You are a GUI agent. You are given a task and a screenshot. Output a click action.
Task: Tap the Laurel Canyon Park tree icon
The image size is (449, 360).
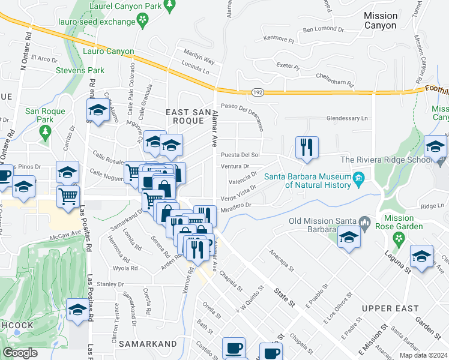[x=169, y=6]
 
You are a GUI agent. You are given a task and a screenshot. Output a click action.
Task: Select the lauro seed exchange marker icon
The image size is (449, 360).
[x=143, y=22]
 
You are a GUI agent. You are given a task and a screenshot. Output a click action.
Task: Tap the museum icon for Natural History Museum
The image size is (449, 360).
[x=358, y=178]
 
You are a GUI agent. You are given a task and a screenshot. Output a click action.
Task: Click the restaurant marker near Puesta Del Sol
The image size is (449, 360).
[x=307, y=147]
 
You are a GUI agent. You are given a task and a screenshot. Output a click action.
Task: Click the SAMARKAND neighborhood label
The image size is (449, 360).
[x=148, y=344]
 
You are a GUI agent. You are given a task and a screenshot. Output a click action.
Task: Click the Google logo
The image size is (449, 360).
[x=20, y=353]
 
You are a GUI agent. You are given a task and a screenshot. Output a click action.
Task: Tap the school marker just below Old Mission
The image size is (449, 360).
[x=348, y=238]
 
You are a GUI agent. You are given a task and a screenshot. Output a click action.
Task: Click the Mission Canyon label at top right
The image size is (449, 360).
[x=381, y=20]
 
